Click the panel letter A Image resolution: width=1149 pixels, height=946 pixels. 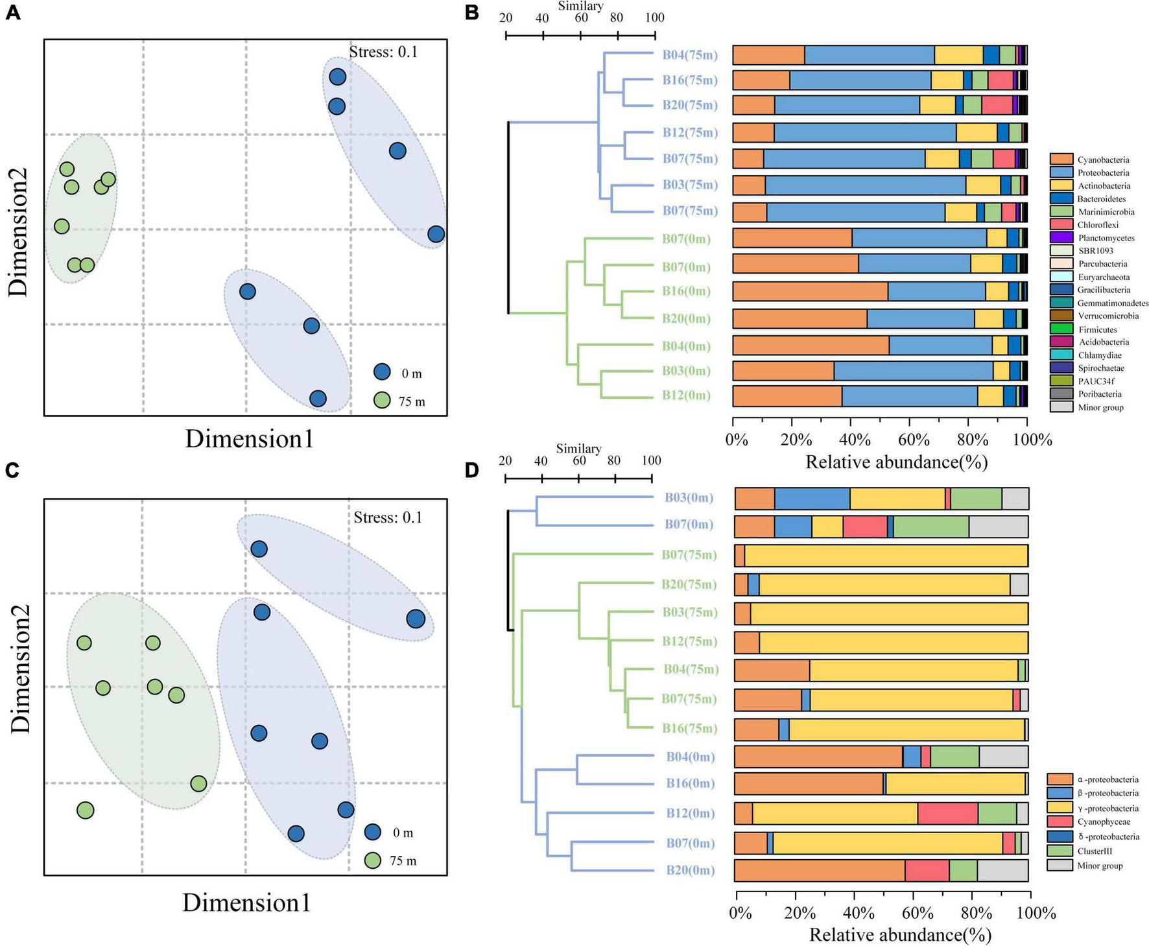point(13,13)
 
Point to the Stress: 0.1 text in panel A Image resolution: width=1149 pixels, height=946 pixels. point(383,52)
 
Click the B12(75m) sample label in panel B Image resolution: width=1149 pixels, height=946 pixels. point(690,133)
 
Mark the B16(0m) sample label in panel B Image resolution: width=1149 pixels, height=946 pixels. point(686,291)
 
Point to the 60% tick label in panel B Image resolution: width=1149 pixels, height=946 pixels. point(915,440)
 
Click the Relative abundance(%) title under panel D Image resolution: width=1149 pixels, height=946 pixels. point(900,934)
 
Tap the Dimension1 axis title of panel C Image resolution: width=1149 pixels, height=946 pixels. point(246,903)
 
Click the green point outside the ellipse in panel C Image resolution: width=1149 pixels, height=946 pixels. point(86,810)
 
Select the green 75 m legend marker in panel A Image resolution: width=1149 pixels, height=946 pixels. point(382,401)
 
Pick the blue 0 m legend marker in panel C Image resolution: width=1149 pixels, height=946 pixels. point(372,832)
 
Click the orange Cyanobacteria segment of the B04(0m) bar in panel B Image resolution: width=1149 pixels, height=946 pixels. point(811,345)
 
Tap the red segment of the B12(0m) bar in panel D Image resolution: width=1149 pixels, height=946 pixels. point(947,813)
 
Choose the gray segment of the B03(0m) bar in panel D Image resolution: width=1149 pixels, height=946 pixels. point(1015,499)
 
